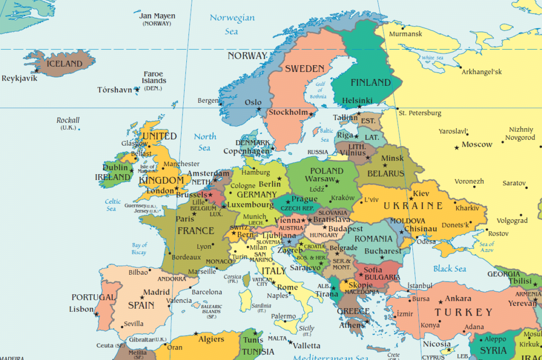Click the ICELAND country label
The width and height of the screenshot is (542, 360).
coord(65,64)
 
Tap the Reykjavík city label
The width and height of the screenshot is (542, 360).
coord(20,78)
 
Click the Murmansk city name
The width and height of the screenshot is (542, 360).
coord(405,34)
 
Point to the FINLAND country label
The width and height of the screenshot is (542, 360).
coord(371,83)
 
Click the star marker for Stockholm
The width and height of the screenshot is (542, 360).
coord(311,114)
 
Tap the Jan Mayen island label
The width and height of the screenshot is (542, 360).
coord(157,16)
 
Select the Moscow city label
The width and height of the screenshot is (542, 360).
coord(477,145)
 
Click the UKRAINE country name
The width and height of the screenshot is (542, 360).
coord(413,205)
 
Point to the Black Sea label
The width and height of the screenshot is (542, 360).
coord(450,269)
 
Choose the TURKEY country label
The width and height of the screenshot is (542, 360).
coord(464,312)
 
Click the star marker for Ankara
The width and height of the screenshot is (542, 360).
coord(438,300)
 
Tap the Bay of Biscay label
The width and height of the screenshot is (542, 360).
coord(139,248)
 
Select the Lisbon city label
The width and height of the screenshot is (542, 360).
coord(81,309)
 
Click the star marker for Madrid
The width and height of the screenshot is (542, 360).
coord(142,297)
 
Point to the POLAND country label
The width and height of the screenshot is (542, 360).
coord(327,170)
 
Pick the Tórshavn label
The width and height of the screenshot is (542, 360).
coord(114,90)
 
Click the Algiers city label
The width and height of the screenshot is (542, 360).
coord(211,339)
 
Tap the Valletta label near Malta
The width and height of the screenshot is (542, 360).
coord(307,346)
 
